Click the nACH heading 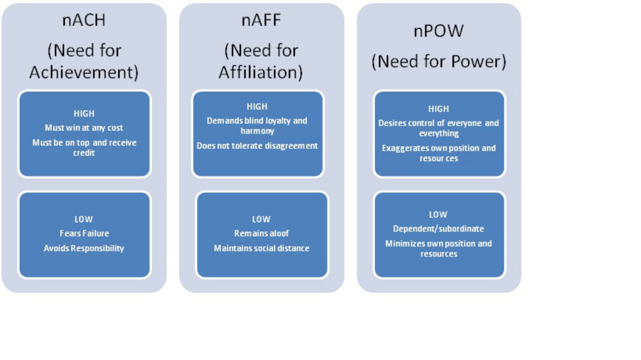pos(84,20)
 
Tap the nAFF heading pos(261,20)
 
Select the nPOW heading pos(439,31)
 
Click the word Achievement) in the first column pos(84,72)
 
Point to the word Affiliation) pos(261,72)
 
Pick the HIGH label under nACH pos(84,114)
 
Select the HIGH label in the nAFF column pos(257,107)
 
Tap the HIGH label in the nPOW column pos(439,109)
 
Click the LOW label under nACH pos(83,219)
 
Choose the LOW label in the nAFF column pos(261,219)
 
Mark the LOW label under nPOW pos(438,214)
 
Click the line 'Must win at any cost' pos(84,128)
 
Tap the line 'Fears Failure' pos(84,234)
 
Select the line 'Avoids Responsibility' pos(84,248)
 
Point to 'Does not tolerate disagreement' pos(257,146)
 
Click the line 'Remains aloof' pos(261,234)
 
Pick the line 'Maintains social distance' pos(261,248)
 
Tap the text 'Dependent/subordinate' pos(439,229)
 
